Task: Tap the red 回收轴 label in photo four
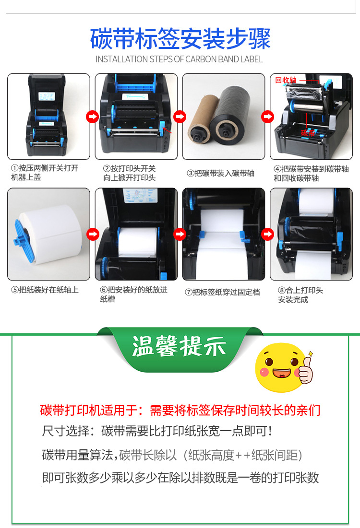pos(286,80)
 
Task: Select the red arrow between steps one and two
pos(92,116)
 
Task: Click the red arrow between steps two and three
pos(180,116)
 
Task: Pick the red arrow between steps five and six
pos(92,234)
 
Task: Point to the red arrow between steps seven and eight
pos(267,234)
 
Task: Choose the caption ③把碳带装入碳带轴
pos(220,173)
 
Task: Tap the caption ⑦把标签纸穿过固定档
pos(222,292)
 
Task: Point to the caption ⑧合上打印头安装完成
pos(300,295)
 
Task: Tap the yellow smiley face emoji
pos(276,366)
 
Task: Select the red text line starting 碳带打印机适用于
pos(180,411)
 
